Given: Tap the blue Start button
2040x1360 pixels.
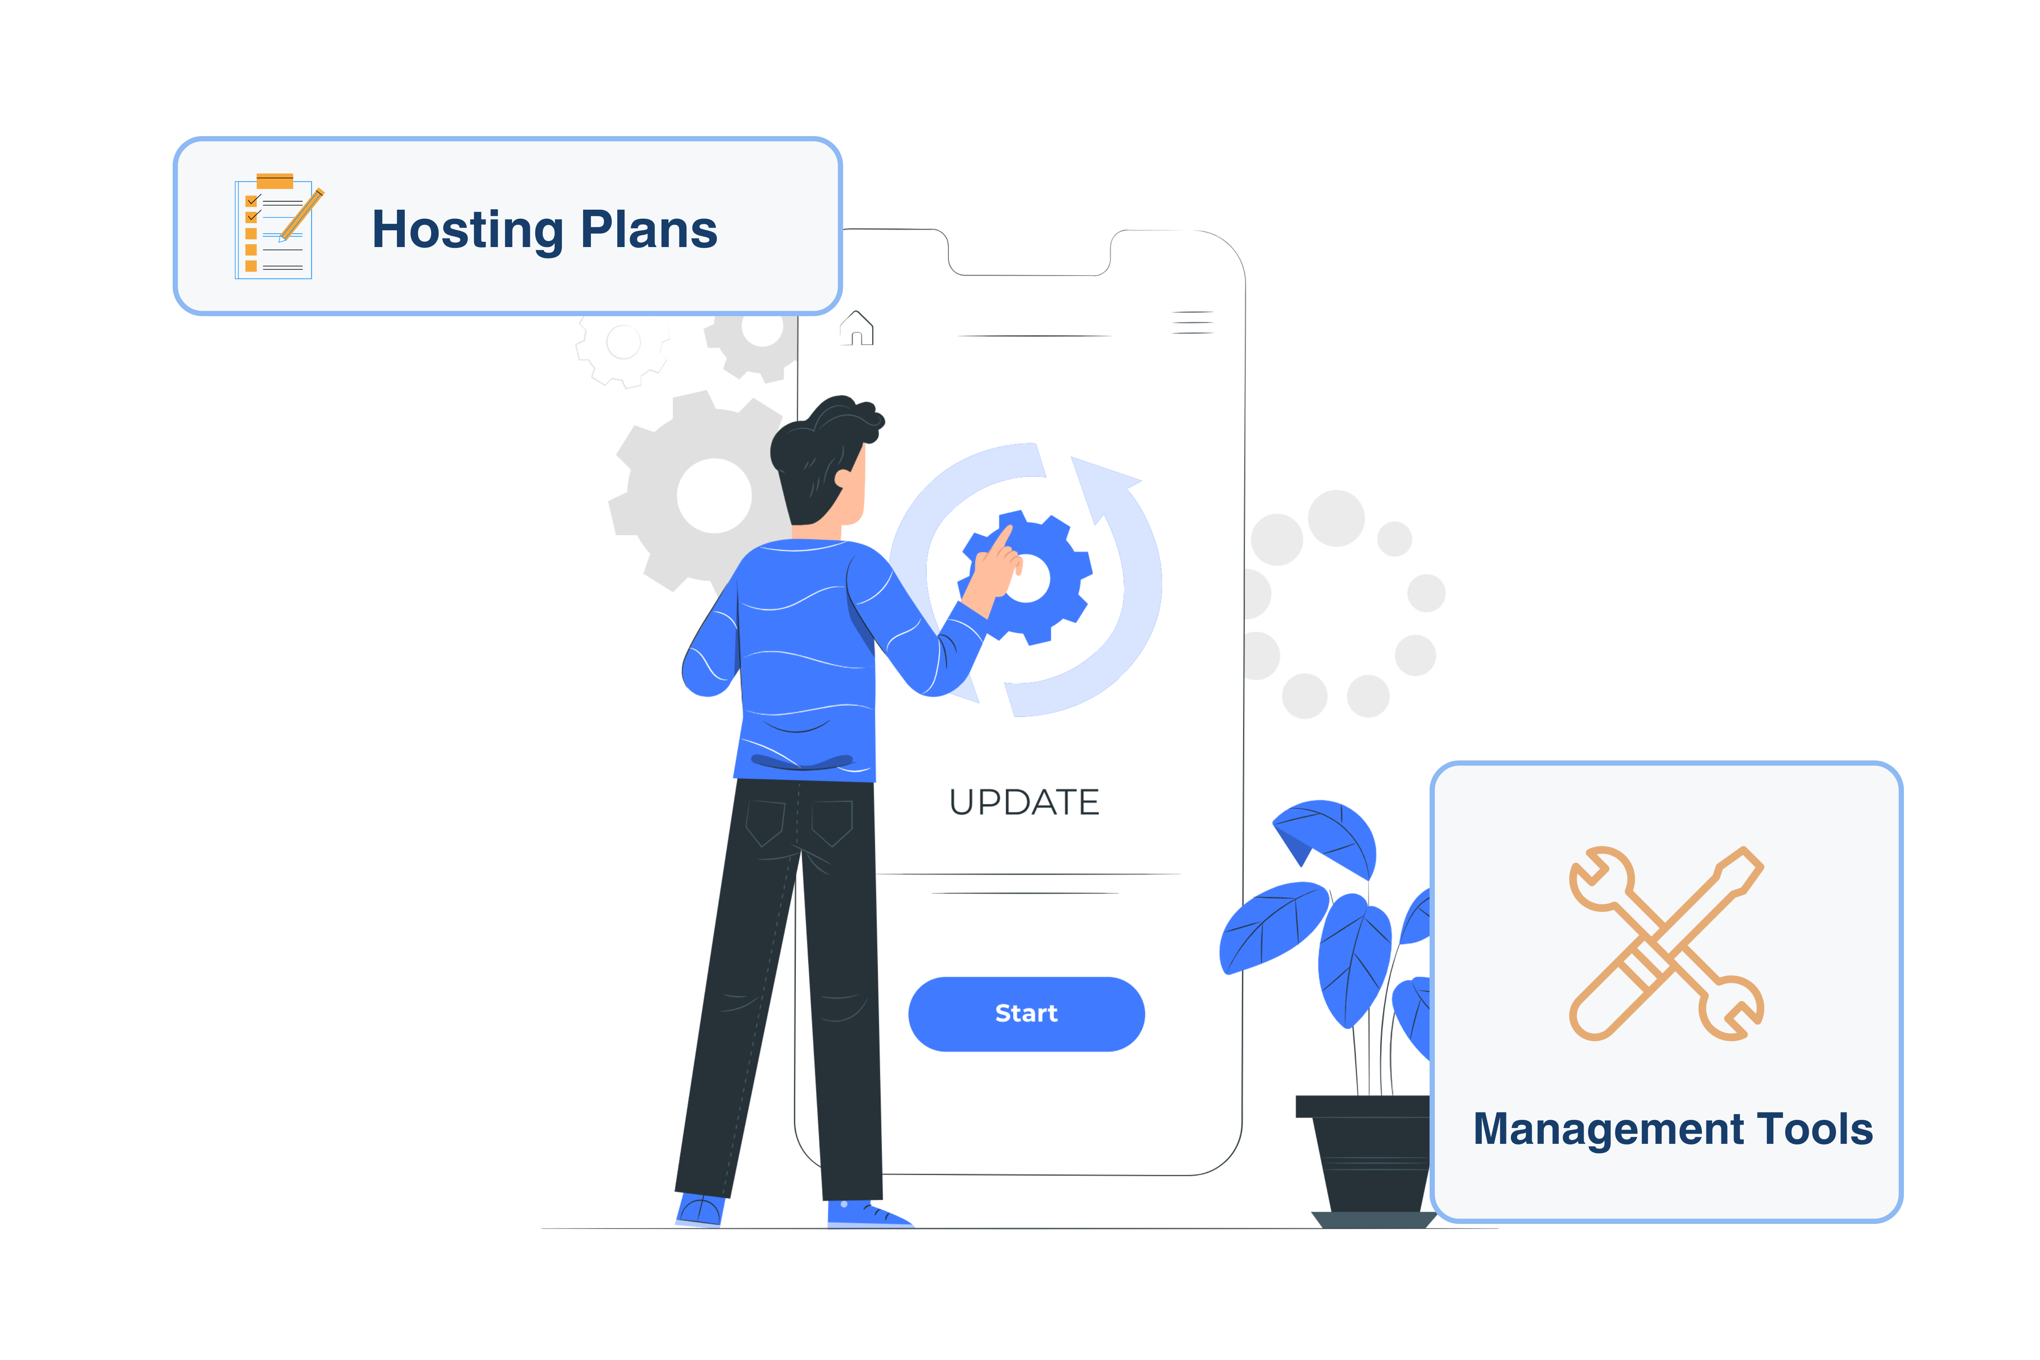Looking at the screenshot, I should [1026, 1014].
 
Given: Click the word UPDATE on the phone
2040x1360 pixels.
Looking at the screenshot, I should [1024, 802].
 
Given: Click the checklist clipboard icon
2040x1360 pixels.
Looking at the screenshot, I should [276, 227].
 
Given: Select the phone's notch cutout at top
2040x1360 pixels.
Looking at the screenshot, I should [1029, 253].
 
